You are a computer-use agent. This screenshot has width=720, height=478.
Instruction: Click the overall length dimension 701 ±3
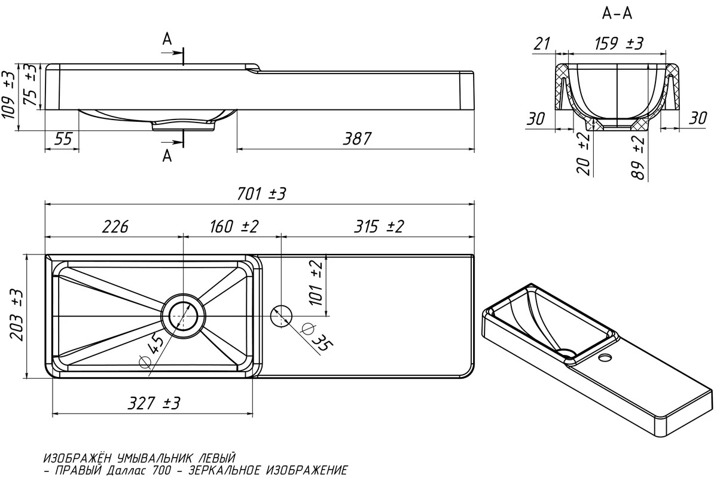tap(261, 194)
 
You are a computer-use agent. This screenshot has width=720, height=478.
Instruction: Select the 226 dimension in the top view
tap(115, 227)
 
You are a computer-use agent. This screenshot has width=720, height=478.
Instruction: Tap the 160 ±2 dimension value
tap(234, 227)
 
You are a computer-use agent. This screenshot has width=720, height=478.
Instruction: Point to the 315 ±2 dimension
tap(379, 227)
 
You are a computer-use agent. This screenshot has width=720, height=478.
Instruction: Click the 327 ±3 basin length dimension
tap(154, 403)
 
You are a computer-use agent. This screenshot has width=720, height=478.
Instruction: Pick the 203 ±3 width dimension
tap(16, 315)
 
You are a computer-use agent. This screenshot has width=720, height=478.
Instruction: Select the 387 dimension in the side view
tap(357, 139)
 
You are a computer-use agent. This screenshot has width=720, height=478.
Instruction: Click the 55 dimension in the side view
tap(63, 139)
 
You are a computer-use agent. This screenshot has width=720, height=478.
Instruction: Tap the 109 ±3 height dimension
tap(9, 95)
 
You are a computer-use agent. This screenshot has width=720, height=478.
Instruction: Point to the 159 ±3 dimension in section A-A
tap(619, 44)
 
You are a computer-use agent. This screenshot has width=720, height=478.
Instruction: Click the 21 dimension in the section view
tap(542, 44)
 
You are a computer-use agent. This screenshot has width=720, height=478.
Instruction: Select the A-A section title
tap(617, 14)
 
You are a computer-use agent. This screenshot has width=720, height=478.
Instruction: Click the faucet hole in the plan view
tap(281, 316)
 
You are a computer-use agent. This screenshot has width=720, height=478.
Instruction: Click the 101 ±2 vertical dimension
tap(315, 283)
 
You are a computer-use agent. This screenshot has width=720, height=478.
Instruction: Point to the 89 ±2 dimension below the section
tap(638, 158)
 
